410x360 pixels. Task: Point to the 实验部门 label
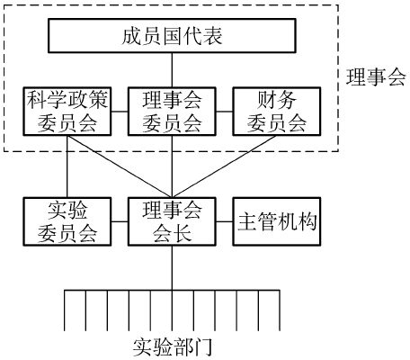tap(173, 347)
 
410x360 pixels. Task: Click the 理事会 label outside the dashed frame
tap(376, 76)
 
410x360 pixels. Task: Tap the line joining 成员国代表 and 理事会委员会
tap(172, 70)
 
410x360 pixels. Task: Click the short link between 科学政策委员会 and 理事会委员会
tap(120, 112)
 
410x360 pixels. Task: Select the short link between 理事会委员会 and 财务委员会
tap(225, 112)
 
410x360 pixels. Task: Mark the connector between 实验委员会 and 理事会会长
tap(120, 222)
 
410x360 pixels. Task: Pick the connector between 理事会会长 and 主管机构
tap(225, 222)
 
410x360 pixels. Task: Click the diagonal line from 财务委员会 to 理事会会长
tap(224, 166)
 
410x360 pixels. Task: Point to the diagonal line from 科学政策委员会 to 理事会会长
tap(120, 166)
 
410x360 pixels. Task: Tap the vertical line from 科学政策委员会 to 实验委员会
tap(67, 166)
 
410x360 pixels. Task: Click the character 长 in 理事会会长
tap(183, 233)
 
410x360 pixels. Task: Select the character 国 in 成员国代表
tap(172, 36)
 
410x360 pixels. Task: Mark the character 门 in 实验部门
tap(203, 347)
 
